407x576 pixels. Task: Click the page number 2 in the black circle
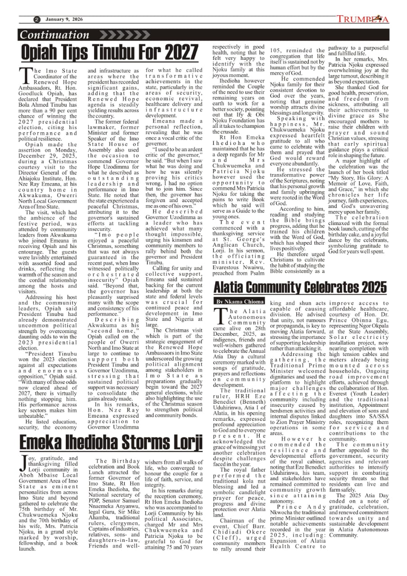(x=36, y=19)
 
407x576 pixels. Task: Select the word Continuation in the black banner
(x=55, y=35)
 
